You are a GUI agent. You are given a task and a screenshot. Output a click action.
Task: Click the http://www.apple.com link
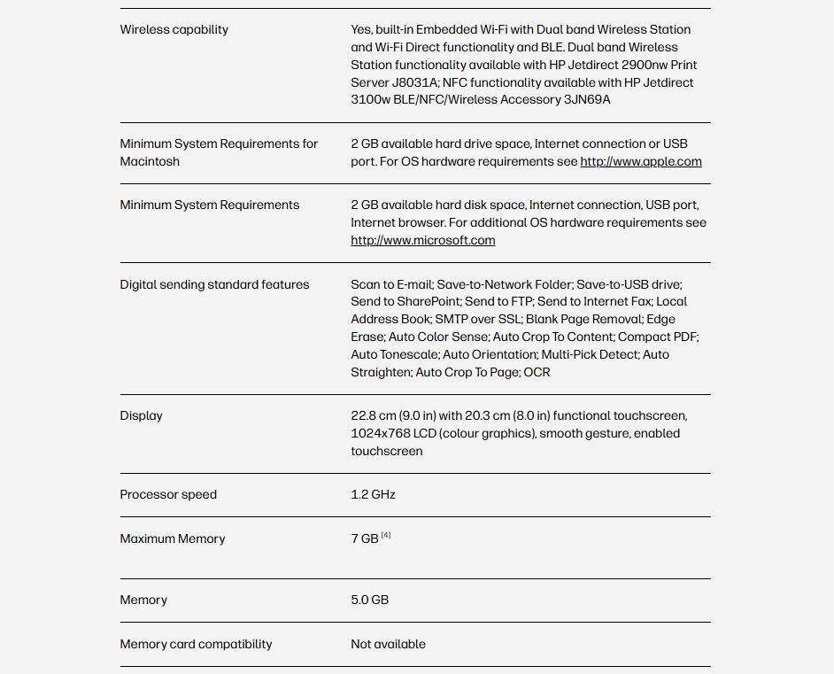[640, 161]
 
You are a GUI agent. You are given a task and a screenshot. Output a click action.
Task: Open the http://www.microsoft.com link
[422, 240]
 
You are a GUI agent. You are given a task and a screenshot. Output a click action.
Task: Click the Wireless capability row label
[174, 30]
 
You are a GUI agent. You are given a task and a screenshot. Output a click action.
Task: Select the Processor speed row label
[168, 494]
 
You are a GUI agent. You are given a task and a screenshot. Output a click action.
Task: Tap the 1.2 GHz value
[373, 494]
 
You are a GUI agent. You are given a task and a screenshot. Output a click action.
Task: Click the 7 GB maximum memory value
[364, 538]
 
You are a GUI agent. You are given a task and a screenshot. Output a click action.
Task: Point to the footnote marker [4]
[386, 535]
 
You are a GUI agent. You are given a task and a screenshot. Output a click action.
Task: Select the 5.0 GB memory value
[369, 600]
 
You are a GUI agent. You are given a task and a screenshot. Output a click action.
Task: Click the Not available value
[388, 644]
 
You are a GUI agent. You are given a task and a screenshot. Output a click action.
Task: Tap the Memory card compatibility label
[196, 644]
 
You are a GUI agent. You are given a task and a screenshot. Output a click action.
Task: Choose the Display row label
[141, 415]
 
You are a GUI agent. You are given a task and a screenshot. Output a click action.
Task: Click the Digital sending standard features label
[214, 284]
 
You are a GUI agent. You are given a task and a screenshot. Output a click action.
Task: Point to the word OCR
[537, 372]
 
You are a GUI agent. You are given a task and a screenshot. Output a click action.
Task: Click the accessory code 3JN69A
[587, 99]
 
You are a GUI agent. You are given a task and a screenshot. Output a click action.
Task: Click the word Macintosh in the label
[150, 161]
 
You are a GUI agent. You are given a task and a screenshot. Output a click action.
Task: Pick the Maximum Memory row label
[173, 538]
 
